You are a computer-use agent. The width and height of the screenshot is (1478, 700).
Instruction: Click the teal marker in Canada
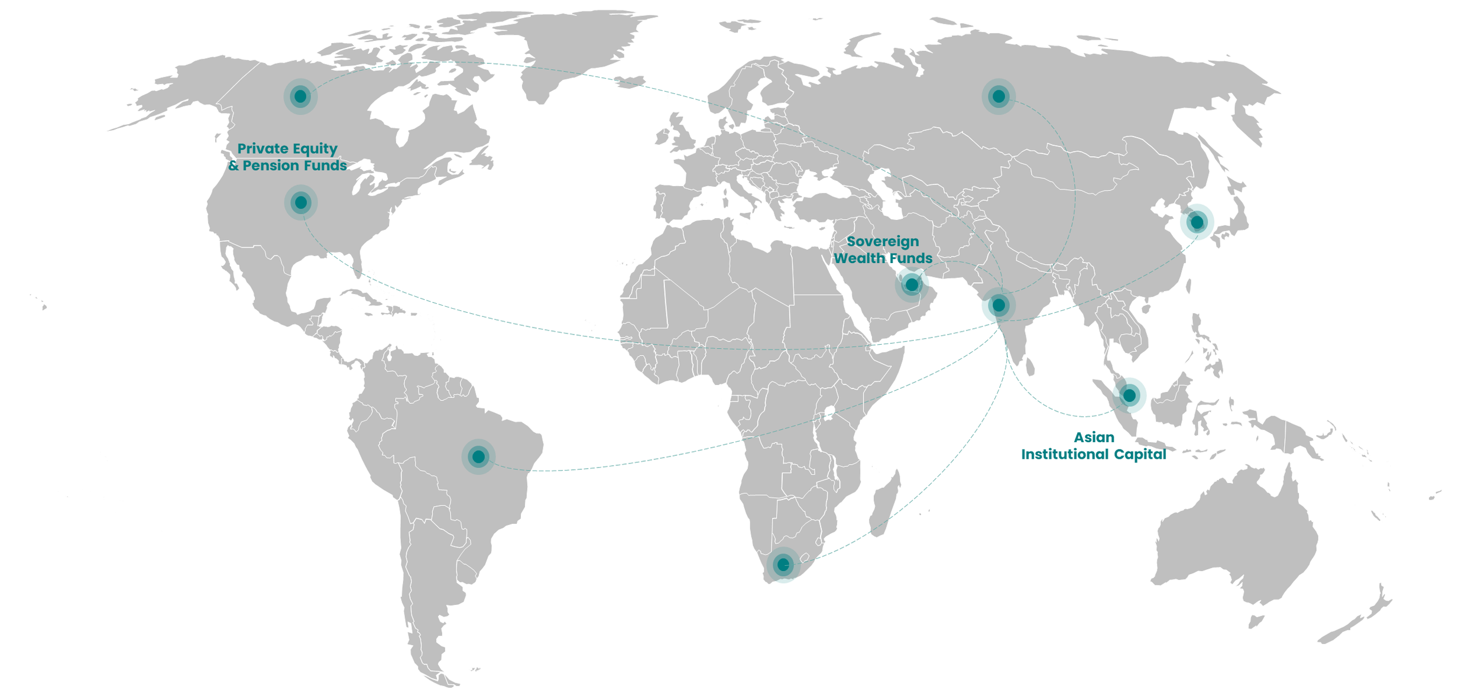point(300,96)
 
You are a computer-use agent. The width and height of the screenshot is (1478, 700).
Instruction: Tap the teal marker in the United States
point(301,203)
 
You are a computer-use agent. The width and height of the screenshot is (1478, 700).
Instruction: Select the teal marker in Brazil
point(478,456)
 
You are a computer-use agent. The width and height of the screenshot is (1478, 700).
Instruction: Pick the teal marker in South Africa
point(783,565)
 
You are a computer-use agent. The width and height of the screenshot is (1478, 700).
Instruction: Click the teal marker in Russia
point(999,96)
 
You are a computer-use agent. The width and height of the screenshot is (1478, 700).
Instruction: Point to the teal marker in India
point(999,305)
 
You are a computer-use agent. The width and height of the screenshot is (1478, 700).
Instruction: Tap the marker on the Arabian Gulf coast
point(912,285)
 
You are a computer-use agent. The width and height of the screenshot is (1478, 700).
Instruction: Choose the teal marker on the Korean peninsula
point(1197,222)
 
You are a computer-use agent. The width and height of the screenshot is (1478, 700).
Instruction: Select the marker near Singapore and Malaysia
point(1129,395)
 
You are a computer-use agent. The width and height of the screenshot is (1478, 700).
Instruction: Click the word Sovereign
point(883,241)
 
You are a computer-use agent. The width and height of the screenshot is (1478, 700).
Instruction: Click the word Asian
point(1094,437)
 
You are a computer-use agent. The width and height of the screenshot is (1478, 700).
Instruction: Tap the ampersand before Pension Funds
point(234,166)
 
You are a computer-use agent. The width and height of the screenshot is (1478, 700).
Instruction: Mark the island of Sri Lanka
point(1030,368)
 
